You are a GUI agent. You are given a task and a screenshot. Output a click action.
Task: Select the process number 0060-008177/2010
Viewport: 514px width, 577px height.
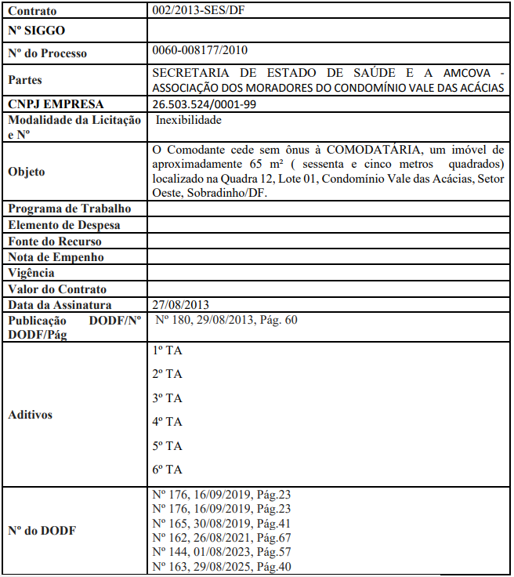point(200,51)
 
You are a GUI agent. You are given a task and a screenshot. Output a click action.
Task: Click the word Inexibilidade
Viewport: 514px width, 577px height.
point(189,121)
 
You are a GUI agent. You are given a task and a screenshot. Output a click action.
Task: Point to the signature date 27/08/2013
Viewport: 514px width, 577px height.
point(181,305)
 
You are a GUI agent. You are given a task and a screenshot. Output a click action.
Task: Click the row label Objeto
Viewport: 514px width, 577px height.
point(26,172)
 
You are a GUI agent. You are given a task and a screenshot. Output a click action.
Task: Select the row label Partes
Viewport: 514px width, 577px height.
point(24,80)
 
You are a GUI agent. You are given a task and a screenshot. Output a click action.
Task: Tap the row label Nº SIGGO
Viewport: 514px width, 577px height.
point(37,31)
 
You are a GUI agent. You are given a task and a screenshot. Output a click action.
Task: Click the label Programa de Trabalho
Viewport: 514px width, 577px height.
point(69,209)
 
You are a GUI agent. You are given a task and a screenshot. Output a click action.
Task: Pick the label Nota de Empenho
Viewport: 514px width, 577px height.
point(56,257)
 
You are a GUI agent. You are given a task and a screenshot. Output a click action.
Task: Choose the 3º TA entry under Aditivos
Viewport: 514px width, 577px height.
point(167,398)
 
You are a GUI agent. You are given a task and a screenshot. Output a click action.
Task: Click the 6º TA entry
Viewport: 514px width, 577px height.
point(167,470)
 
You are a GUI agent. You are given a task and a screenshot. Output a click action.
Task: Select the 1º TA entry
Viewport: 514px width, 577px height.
point(167,350)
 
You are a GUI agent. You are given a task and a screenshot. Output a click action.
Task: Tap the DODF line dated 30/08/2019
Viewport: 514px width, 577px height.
point(222,522)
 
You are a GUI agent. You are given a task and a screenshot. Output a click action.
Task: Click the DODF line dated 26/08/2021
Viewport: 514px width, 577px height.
point(222,537)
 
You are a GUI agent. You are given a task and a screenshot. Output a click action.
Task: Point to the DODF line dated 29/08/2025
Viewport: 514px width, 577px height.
point(222,566)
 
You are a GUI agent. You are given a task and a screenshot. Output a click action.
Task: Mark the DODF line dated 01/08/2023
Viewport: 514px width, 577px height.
point(222,552)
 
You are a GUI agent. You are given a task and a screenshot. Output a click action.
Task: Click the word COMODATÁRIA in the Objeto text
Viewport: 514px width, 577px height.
point(378,150)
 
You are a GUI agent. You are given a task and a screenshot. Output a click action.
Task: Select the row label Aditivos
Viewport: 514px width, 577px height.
point(31,415)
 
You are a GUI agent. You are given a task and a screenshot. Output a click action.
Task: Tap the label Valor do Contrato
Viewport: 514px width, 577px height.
point(57,289)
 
